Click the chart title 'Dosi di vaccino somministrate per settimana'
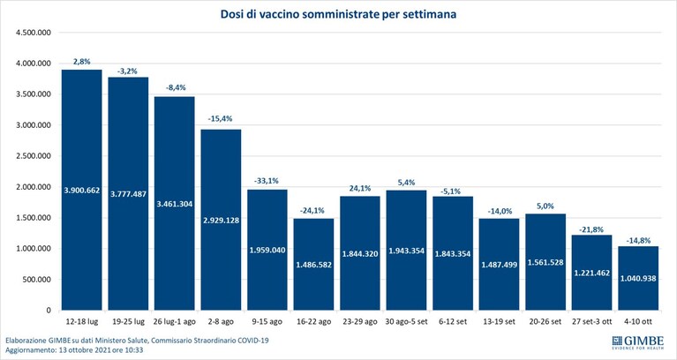339,14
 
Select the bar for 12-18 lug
81,190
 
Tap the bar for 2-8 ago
221,220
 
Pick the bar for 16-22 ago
314,264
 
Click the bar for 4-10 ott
638,278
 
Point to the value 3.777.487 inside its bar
128,194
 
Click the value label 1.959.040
267,250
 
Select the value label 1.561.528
545,262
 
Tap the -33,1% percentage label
267,181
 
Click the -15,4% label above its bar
221,119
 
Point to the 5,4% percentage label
406,183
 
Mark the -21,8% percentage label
592,229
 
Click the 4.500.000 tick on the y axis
34,33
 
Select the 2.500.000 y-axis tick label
34,156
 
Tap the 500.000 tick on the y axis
36,280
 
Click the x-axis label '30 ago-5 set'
406,322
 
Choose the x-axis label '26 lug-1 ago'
175,322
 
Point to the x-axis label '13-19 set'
499,322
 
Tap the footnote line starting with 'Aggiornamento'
74,350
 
